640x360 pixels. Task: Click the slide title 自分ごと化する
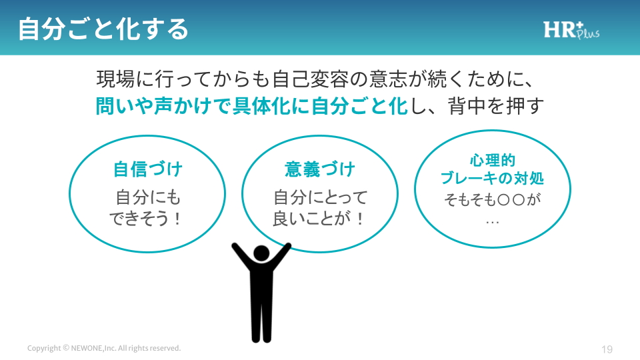pyautogui.click(x=103, y=29)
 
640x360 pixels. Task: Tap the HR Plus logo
pyautogui.click(x=571, y=30)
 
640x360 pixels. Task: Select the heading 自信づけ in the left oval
pyautogui.click(x=148, y=169)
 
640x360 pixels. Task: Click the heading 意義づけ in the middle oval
pyautogui.click(x=320, y=169)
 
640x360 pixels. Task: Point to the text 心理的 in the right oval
pyautogui.click(x=493, y=160)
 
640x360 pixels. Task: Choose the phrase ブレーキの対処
pyautogui.click(x=492, y=179)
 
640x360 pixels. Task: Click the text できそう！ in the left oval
pyautogui.click(x=145, y=219)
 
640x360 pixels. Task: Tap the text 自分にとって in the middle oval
pyautogui.click(x=321, y=197)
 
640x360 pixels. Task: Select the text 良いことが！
pyautogui.click(x=319, y=219)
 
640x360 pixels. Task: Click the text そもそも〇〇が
pyautogui.click(x=492, y=199)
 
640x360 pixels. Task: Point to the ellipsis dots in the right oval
pyautogui.click(x=493, y=223)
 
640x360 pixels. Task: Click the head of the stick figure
pyautogui.click(x=261, y=253)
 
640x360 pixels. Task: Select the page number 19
pyautogui.click(x=607, y=349)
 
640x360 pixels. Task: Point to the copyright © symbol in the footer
pyautogui.click(x=66, y=348)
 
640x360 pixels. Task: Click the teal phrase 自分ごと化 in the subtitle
pyautogui.click(x=359, y=106)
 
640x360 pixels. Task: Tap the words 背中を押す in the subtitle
pyautogui.click(x=496, y=106)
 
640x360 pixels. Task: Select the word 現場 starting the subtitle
pyautogui.click(x=115, y=79)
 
